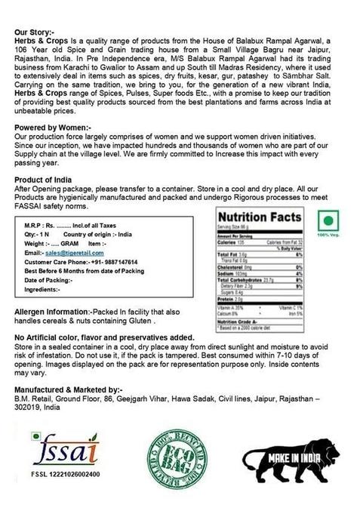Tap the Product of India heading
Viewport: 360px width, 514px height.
(46, 180)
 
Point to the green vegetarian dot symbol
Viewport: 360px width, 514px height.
(328, 221)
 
